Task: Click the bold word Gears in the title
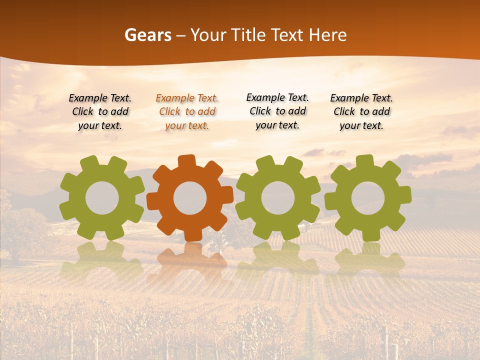click(x=147, y=35)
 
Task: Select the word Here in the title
click(x=327, y=35)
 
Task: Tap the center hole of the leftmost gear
click(x=102, y=198)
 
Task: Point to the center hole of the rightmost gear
click(x=368, y=198)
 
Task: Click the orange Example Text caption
click(x=187, y=112)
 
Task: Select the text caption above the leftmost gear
click(x=100, y=112)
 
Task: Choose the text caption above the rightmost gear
click(x=361, y=112)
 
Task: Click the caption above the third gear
click(x=277, y=111)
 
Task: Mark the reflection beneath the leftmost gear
click(x=101, y=260)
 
